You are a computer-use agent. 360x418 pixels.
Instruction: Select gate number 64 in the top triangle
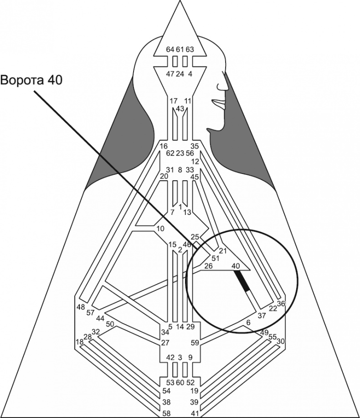[170, 49]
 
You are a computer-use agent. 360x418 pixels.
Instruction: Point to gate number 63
[190, 49]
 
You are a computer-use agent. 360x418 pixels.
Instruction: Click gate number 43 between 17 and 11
[180, 108]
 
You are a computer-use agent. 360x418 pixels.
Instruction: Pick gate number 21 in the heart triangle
[223, 251]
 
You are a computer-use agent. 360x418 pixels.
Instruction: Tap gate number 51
[216, 258]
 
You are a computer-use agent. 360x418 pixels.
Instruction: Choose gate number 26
[208, 266]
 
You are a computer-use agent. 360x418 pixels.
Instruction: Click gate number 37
[262, 315]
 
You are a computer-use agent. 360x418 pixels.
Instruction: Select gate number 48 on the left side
[81, 306]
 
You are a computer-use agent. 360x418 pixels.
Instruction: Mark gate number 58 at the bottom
[167, 413]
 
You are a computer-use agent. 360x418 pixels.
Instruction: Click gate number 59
[195, 342]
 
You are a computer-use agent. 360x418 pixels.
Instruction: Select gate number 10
[160, 228]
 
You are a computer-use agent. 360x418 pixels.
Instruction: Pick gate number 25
[195, 237]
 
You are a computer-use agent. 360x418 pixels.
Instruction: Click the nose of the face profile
[224, 85]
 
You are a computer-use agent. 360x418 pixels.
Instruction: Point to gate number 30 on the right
[281, 341]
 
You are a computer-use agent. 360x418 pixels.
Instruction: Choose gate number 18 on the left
[80, 342]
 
